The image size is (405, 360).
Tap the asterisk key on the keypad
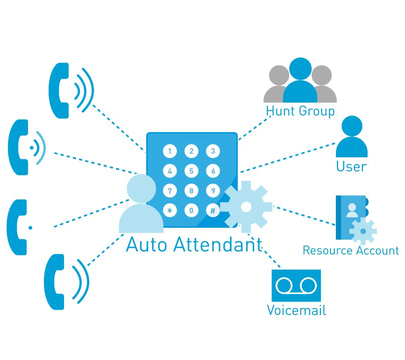[170, 211]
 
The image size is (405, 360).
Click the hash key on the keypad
[213, 211]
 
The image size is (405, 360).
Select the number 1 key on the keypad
[170, 151]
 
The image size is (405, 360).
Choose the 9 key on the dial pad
[213, 190]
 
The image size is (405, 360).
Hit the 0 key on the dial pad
[191, 211]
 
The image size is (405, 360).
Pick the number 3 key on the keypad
[213, 151]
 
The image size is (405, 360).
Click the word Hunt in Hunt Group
[280, 110]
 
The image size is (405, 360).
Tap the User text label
[351, 166]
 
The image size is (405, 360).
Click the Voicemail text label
[296, 310]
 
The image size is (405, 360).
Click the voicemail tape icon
[296, 285]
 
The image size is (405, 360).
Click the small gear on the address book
[362, 231]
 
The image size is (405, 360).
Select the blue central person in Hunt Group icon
[300, 80]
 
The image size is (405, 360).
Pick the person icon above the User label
[351, 137]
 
